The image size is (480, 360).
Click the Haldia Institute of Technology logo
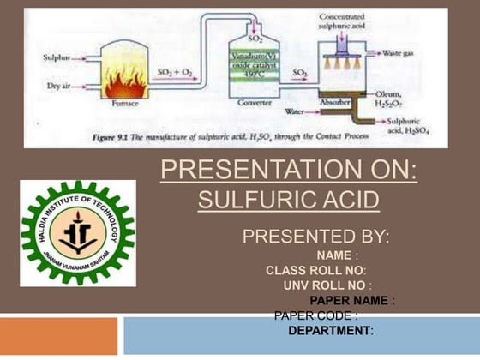pos(77,232)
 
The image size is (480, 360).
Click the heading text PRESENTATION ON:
pos(289,171)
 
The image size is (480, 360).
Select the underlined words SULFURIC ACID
pos(288,200)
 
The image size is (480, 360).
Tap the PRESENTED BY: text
pos(315,236)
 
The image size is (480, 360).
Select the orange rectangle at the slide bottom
pos(58,336)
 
